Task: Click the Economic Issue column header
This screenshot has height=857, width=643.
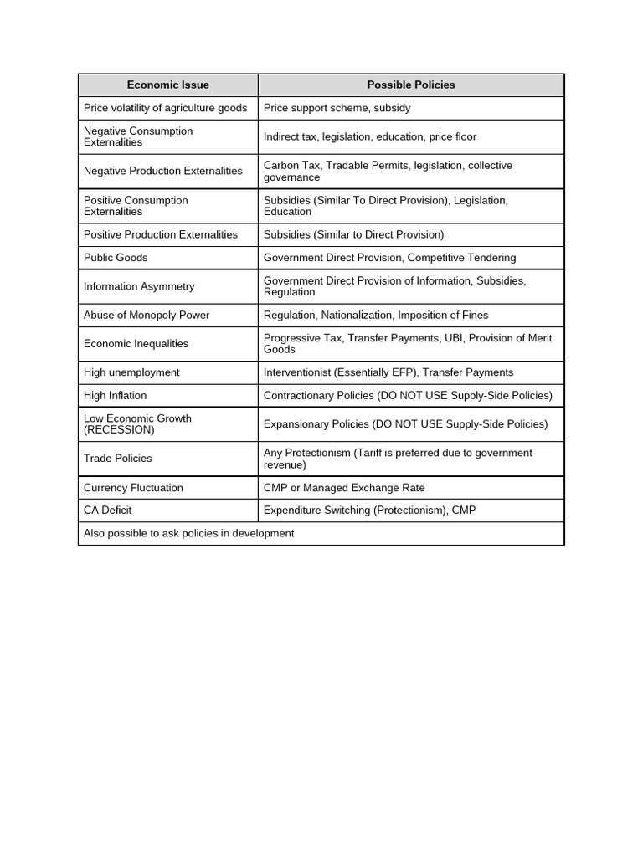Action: tap(167, 85)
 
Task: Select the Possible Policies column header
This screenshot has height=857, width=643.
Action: tap(411, 85)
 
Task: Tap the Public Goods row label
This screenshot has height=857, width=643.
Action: tap(116, 258)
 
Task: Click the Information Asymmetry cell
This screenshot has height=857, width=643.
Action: tap(139, 286)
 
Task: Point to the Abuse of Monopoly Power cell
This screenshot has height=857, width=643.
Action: tap(147, 315)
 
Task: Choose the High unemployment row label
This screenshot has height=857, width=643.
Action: tap(131, 372)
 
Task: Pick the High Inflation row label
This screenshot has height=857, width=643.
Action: tap(115, 395)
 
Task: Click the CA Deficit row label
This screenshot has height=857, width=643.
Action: tap(107, 510)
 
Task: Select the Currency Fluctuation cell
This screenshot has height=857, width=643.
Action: tap(133, 487)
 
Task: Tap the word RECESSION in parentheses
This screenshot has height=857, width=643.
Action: tap(119, 430)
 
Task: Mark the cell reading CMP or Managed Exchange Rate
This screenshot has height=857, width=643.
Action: tap(344, 487)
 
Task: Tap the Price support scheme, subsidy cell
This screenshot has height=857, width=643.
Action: tap(337, 108)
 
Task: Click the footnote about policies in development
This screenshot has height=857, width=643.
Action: tap(188, 533)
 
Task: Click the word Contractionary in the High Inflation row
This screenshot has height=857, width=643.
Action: tap(300, 395)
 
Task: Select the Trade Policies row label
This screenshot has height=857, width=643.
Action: tap(118, 459)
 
